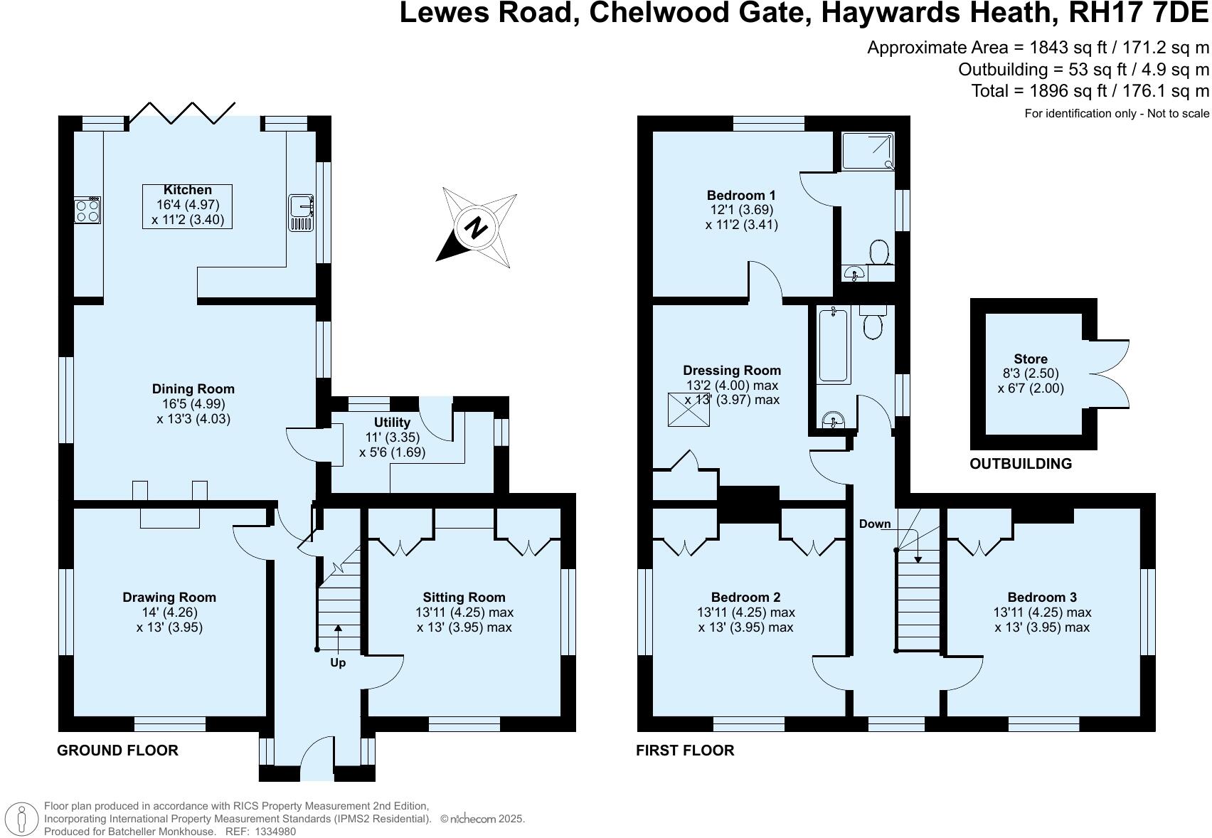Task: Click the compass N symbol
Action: [476, 228]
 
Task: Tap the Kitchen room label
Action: [188, 190]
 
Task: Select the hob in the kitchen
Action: [87, 211]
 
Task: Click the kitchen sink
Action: [301, 213]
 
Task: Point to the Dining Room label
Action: [193, 389]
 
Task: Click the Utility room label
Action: [393, 423]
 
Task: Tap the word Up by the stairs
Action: [338, 663]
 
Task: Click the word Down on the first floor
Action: [875, 524]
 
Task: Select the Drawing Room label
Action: [169, 598]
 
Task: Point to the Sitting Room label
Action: [464, 598]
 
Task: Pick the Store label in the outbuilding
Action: [1031, 359]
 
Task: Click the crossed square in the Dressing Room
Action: [689, 410]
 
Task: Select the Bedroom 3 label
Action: [1042, 598]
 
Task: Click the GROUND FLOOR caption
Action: [118, 751]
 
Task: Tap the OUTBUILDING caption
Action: [1021, 464]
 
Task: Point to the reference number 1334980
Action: [275, 832]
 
